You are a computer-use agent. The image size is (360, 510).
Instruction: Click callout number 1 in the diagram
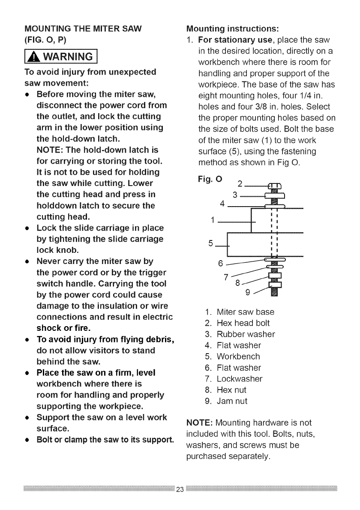click(213, 221)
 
